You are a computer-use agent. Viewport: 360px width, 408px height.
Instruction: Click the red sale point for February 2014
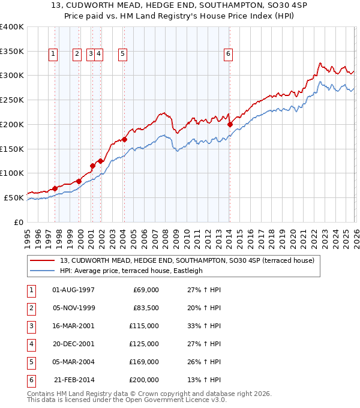230,125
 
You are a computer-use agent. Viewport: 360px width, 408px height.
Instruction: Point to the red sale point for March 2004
124,140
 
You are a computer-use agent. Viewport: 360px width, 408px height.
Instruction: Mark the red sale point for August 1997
55,188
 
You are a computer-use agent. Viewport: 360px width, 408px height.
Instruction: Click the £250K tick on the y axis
12,100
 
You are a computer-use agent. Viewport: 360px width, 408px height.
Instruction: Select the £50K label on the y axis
14,197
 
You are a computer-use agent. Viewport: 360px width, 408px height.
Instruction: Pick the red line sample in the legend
41,260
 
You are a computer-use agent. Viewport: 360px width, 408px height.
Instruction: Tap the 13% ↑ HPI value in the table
205,380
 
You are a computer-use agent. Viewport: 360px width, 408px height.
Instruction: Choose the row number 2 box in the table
31,308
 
